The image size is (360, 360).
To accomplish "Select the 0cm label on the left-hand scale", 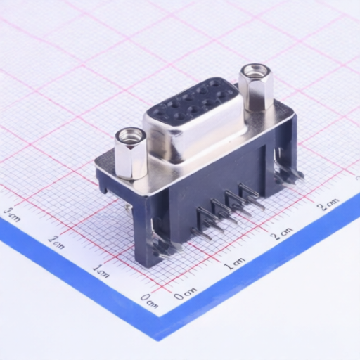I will click(x=148, y=301).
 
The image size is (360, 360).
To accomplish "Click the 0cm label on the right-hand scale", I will click(x=186, y=292).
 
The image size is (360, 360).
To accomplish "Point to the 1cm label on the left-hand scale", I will click(x=101, y=269).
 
